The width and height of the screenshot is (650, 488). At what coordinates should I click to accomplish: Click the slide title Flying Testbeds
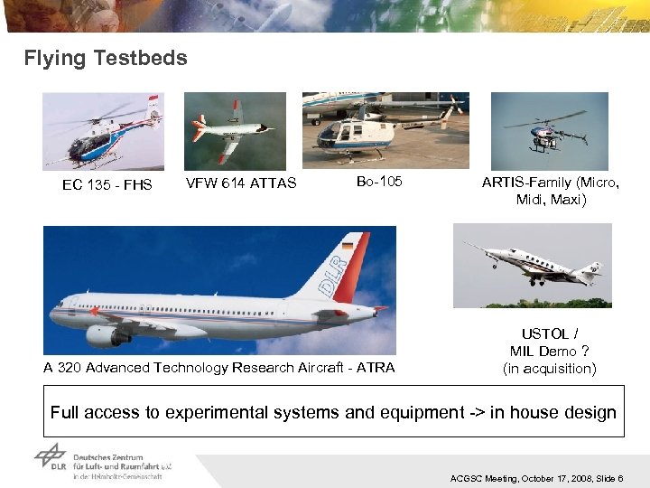(x=106, y=59)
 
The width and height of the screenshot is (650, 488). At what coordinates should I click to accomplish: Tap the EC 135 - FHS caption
(x=107, y=185)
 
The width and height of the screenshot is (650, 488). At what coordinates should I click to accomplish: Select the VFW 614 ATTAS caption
(x=240, y=183)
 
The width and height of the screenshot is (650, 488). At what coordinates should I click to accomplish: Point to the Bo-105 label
(x=379, y=182)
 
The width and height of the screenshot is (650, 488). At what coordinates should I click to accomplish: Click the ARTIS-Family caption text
(x=551, y=191)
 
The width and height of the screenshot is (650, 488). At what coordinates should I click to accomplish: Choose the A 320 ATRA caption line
(x=219, y=367)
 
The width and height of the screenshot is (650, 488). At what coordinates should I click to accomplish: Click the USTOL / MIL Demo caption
(x=550, y=351)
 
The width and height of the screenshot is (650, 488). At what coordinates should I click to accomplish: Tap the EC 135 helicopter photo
(x=104, y=131)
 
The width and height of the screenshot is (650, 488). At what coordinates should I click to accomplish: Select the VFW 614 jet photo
(x=235, y=131)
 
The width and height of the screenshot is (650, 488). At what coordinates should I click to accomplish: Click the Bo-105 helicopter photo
(x=385, y=130)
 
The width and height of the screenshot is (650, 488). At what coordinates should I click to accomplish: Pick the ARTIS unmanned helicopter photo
(x=549, y=131)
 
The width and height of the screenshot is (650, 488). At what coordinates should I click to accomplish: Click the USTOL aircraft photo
(x=532, y=265)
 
